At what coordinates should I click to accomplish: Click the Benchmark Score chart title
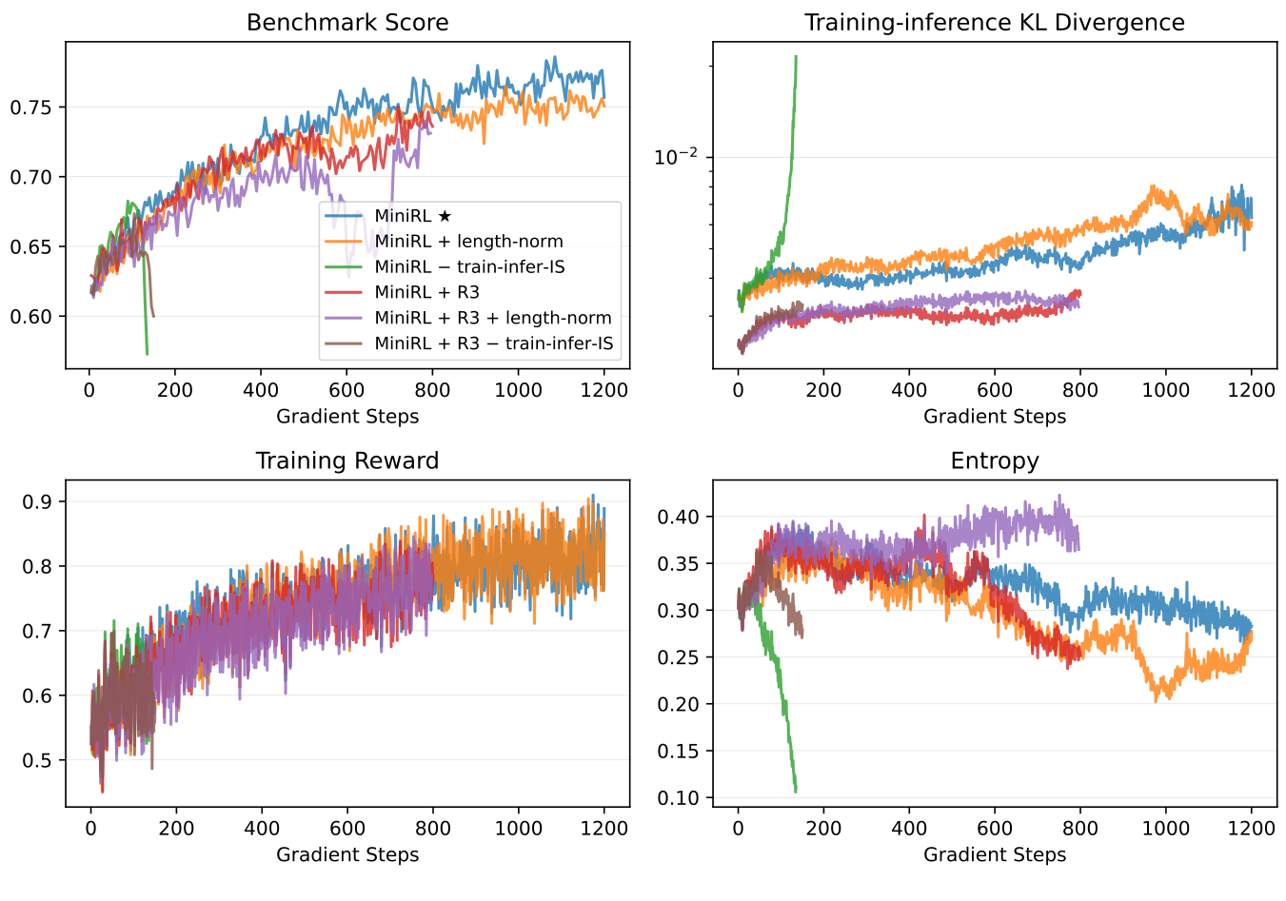(x=347, y=23)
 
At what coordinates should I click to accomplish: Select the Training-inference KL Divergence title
(x=995, y=23)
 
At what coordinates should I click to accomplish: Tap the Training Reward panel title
(x=347, y=461)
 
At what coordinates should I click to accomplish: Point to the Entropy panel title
(x=995, y=461)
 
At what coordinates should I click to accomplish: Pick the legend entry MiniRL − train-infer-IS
(x=469, y=267)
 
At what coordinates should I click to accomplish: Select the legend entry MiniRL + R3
(x=426, y=292)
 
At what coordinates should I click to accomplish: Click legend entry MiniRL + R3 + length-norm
(x=493, y=318)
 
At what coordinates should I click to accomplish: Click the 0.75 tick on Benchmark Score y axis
(x=31, y=108)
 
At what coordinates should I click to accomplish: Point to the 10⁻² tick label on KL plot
(x=676, y=157)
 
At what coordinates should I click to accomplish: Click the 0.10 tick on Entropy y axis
(x=679, y=797)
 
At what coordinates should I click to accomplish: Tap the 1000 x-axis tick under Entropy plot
(x=1166, y=829)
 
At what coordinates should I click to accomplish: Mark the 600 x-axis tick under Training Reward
(x=347, y=829)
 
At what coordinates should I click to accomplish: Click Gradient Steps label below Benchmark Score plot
(x=347, y=417)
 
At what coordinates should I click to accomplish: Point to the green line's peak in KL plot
(x=796, y=57)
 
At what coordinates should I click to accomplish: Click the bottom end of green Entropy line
(x=796, y=791)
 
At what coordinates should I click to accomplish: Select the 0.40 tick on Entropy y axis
(x=679, y=517)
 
